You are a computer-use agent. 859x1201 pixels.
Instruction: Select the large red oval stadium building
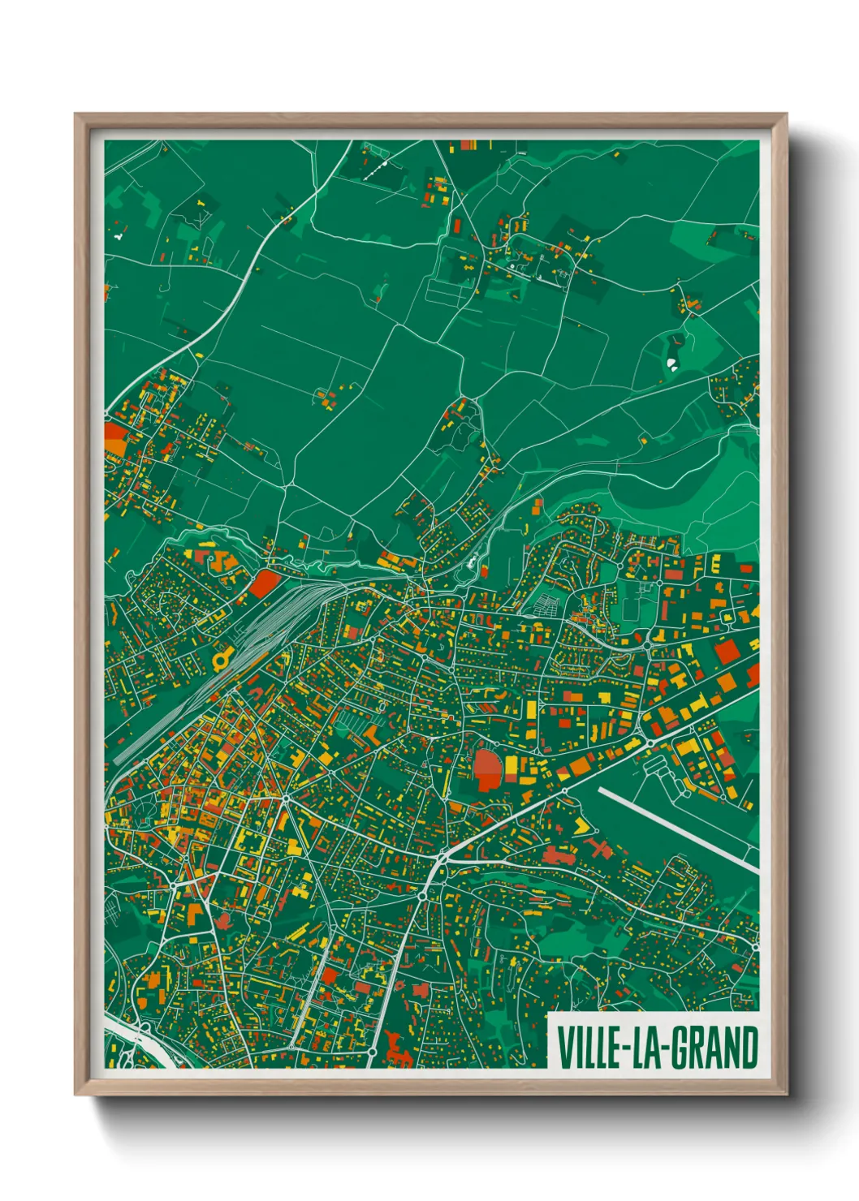tap(487, 768)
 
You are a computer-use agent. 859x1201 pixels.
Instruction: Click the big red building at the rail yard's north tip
tap(263, 583)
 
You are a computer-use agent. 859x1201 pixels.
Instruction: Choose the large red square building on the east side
tap(727, 652)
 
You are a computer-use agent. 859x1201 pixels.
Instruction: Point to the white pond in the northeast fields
tap(672, 363)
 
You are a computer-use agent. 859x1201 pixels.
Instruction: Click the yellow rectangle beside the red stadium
tap(512, 767)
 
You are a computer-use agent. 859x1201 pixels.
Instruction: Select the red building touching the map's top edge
tap(467, 144)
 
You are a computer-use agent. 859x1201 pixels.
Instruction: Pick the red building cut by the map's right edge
tap(753, 673)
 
